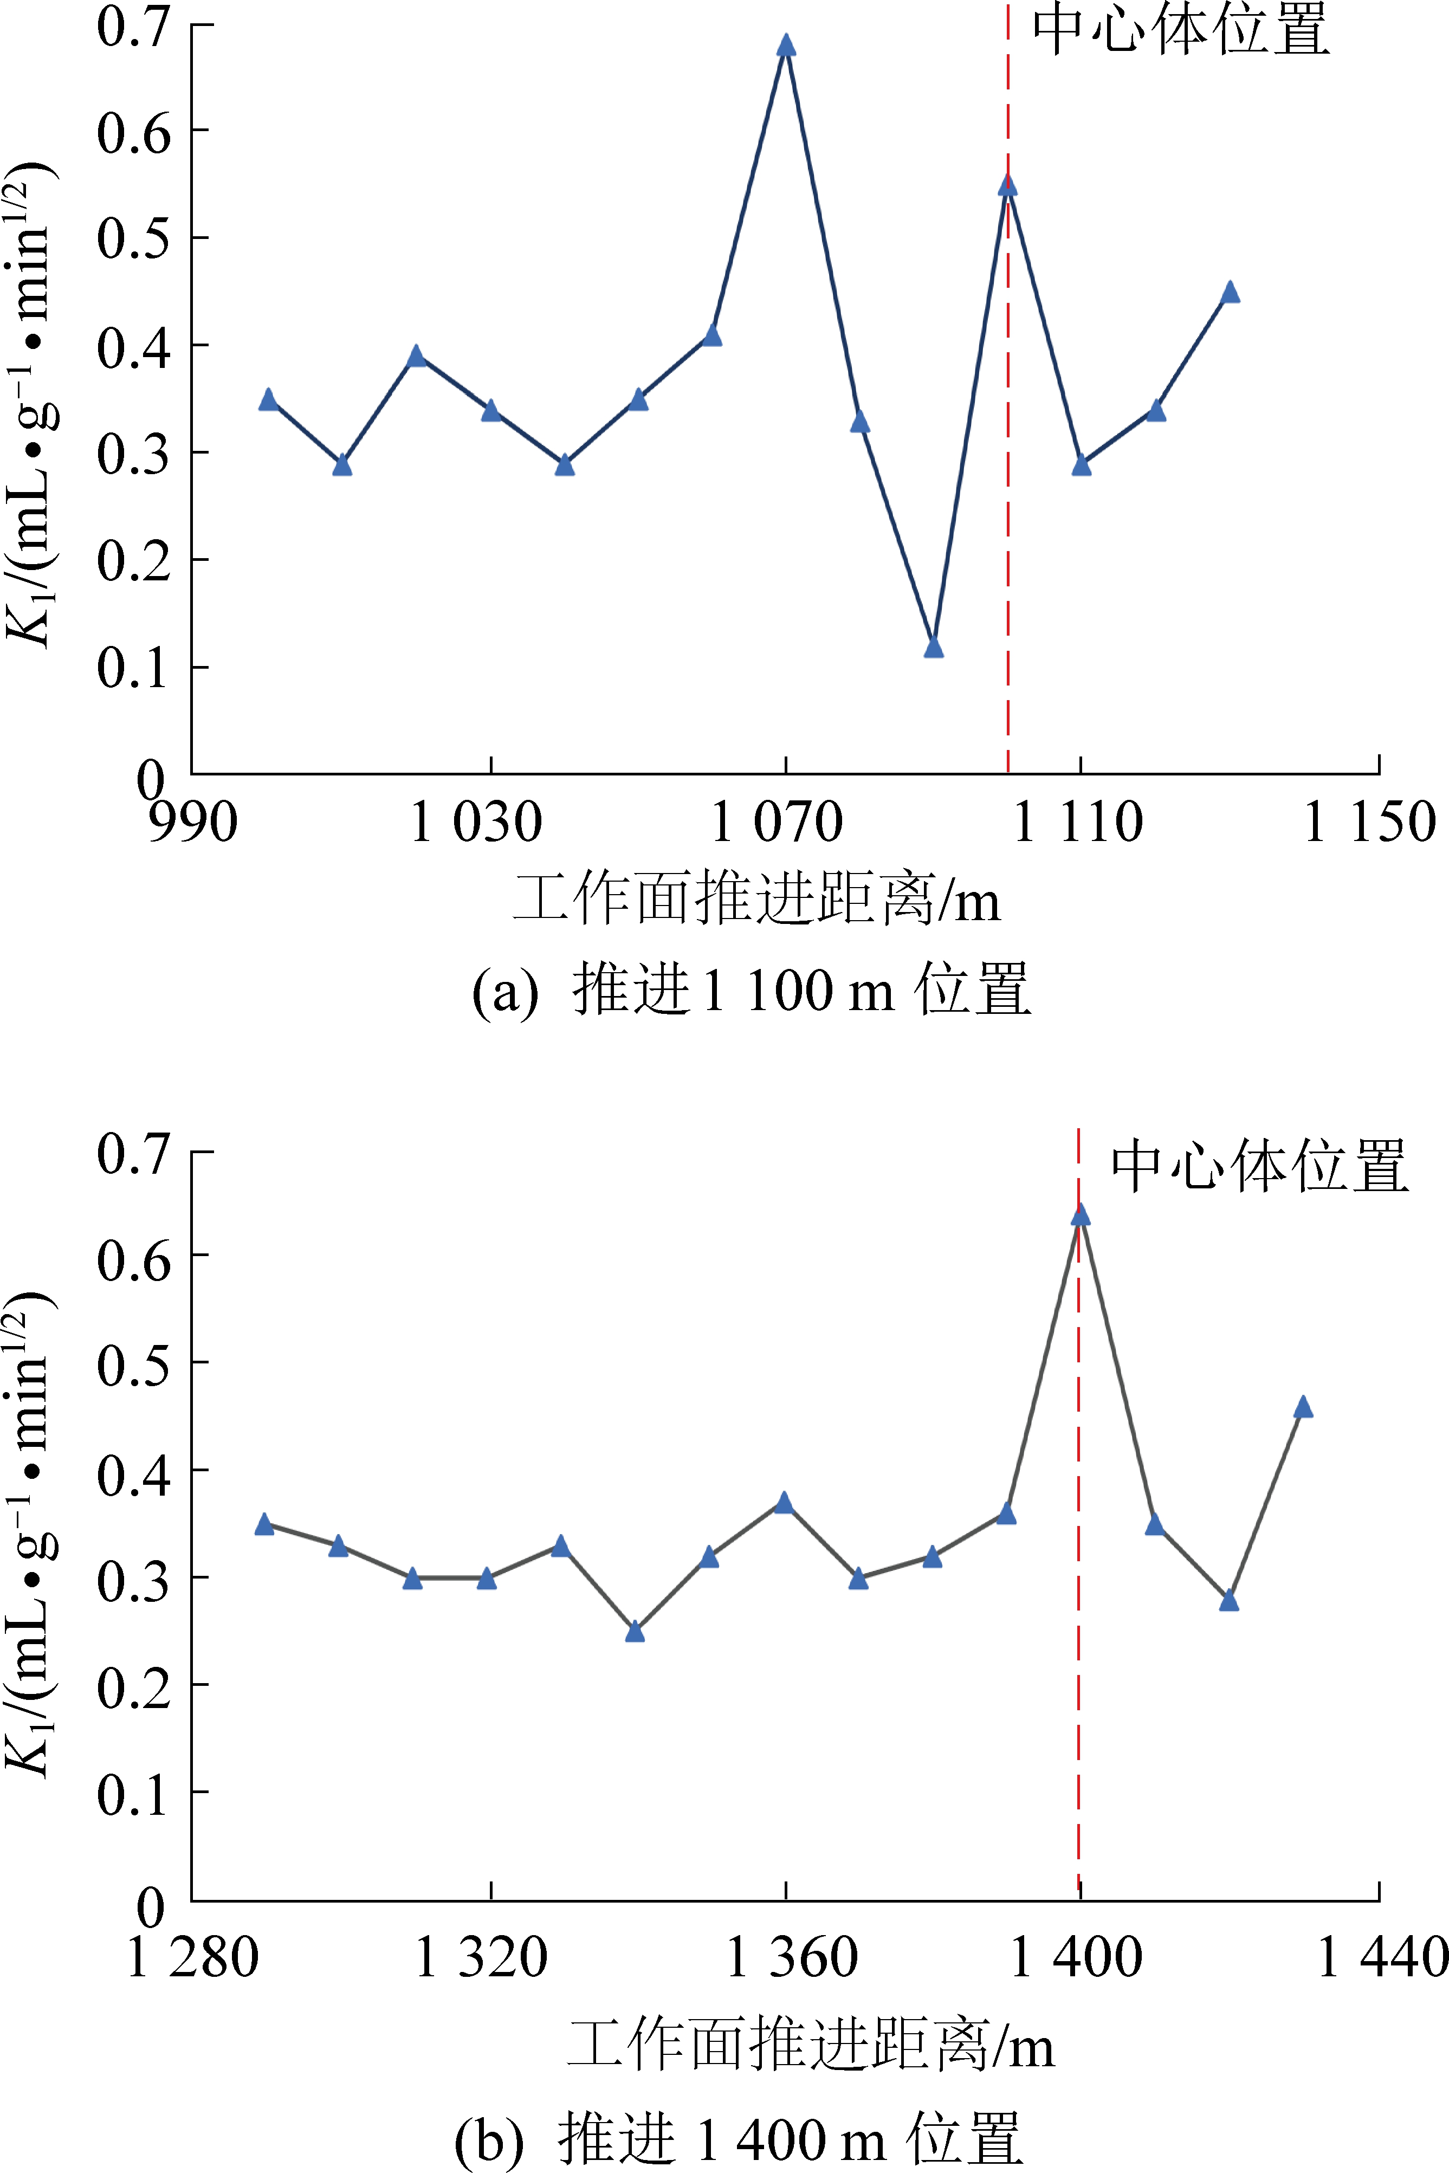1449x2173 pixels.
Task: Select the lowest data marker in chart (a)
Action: (x=933, y=646)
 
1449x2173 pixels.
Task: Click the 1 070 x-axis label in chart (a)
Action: (x=776, y=822)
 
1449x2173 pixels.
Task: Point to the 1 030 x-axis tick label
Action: (x=475, y=822)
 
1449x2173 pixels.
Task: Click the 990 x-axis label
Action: (x=193, y=822)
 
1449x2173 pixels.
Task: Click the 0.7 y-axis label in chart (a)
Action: (x=134, y=26)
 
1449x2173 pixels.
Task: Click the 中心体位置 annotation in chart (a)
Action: (x=1181, y=30)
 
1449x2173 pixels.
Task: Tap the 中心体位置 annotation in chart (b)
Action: (x=1259, y=1166)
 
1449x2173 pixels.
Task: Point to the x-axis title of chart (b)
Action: (x=811, y=2043)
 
